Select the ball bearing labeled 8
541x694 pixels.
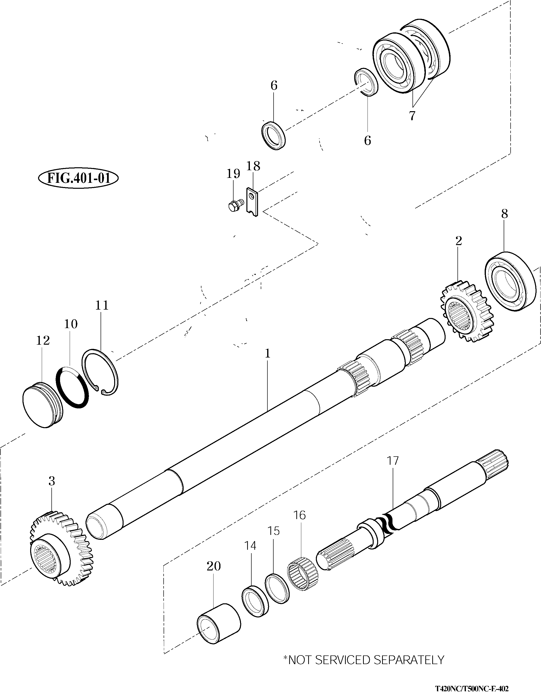tap(510, 281)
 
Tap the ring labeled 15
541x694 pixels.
tap(277, 589)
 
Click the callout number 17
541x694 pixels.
tap(393, 461)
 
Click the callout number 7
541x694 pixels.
tap(412, 116)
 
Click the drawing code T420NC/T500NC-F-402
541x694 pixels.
tap(472, 688)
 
